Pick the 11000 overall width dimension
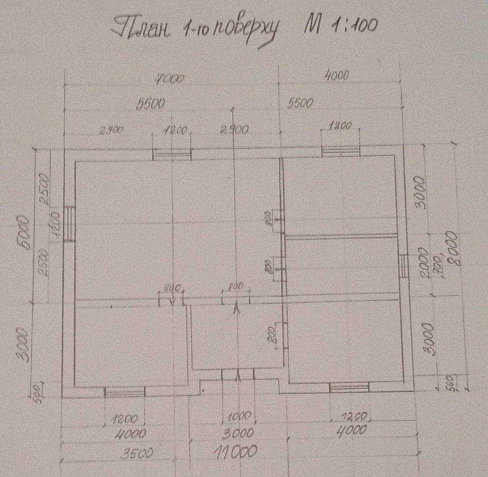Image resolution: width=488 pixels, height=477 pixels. pyautogui.click(x=235, y=452)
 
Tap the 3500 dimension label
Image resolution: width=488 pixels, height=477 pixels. pyautogui.click(x=136, y=453)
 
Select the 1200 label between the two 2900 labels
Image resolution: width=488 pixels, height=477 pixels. pyautogui.click(x=172, y=130)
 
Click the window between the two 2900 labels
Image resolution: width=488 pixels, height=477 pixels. pyautogui.click(x=172, y=155)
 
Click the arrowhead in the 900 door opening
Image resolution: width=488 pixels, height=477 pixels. pyautogui.click(x=172, y=301)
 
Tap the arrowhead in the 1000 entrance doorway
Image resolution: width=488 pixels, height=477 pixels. pyautogui.click(x=238, y=376)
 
